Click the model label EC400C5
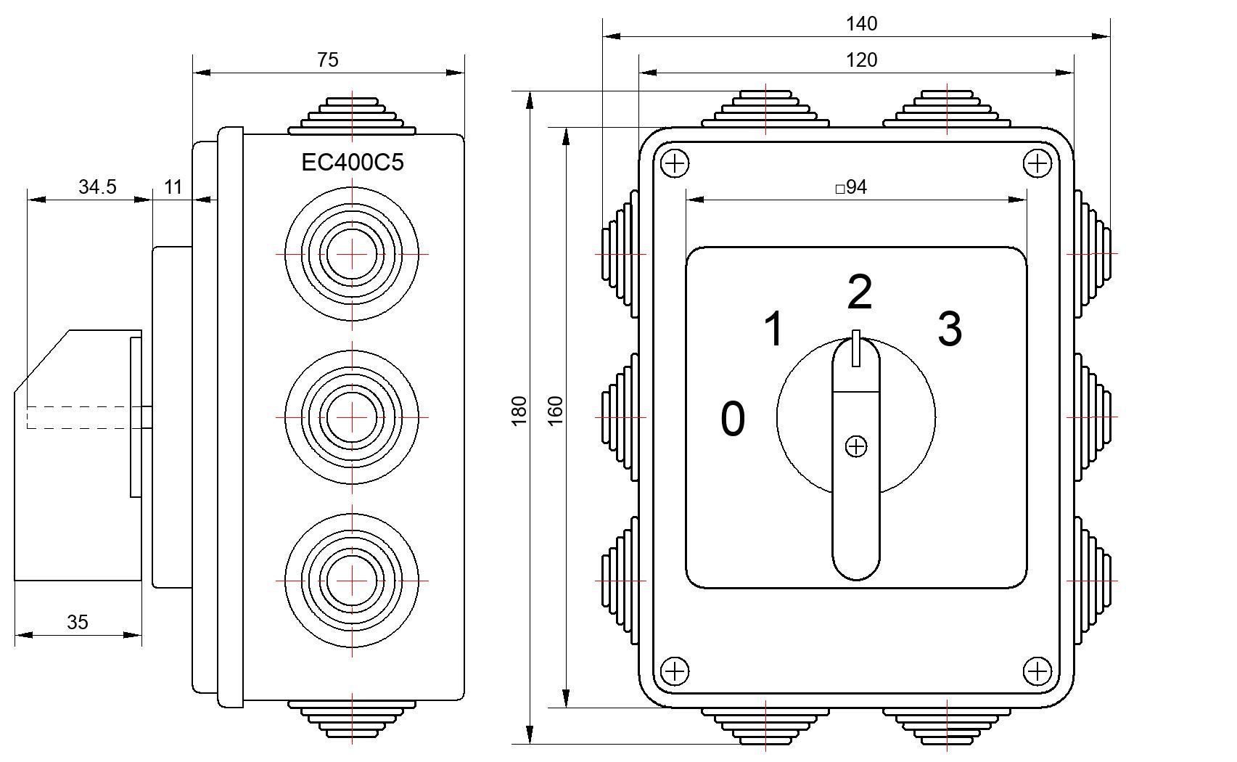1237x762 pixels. point(353,163)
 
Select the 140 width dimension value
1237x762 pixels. point(861,24)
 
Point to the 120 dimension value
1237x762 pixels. point(861,60)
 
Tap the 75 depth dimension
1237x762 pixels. point(327,60)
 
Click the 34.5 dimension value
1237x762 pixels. point(97,187)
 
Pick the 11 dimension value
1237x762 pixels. point(173,187)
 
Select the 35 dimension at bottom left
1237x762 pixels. point(78,622)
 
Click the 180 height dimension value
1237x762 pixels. point(519,411)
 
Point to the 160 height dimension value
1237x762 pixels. point(555,411)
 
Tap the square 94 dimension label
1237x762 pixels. point(851,187)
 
